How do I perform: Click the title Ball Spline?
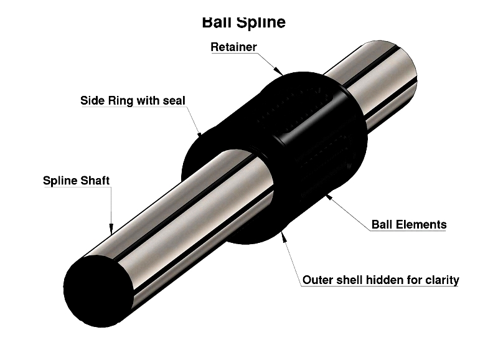[x=243, y=22]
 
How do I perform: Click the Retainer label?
[x=233, y=47]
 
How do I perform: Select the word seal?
[x=174, y=100]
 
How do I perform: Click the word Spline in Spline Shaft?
[x=59, y=181]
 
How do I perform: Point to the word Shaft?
[x=94, y=181]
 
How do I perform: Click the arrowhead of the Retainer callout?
[x=278, y=71]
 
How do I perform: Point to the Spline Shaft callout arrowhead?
[x=111, y=229]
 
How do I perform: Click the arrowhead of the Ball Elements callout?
[x=329, y=198]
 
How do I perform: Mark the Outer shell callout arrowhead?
[x=284, y=236]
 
